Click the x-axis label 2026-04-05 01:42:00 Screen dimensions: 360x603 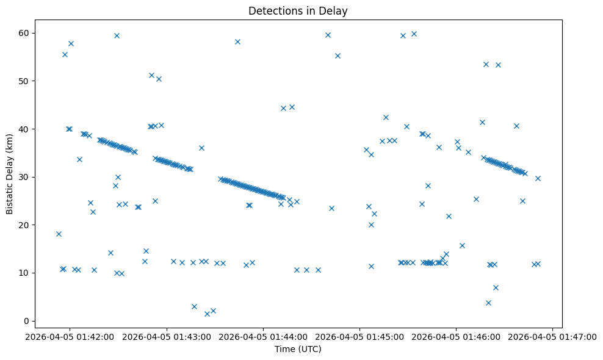(70, 336)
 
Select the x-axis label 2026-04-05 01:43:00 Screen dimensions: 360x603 (167, 336)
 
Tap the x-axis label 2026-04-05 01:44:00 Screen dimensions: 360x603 (263, 336)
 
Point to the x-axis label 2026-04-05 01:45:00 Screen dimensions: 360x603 (359, 336)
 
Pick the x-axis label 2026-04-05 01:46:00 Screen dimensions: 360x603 (456, 336)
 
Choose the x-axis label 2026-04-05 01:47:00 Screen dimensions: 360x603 (553, 336)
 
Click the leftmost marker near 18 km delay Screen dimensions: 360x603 (59, 234)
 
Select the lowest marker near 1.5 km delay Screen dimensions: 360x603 (207, 314)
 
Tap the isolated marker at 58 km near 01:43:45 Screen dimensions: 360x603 (237, 41)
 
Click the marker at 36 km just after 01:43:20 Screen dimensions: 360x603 (201, 148)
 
